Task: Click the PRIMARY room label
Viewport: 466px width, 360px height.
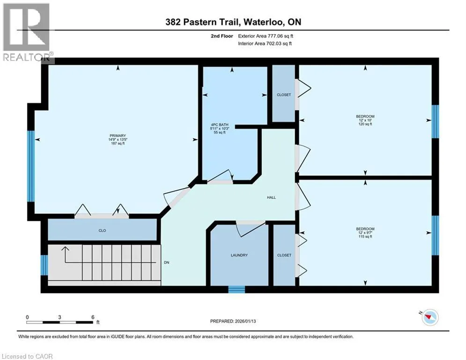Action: point(118,135)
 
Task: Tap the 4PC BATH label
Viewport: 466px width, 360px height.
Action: point(220,125)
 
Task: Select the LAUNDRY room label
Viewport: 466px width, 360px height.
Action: point(239,255)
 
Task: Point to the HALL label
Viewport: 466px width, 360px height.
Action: point(271,197)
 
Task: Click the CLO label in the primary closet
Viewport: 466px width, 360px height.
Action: point(102,231)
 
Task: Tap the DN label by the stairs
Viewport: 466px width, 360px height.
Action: point(166,262)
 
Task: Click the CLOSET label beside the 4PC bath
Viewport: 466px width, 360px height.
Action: point(284,95)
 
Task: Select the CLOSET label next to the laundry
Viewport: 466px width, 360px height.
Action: point(284,255)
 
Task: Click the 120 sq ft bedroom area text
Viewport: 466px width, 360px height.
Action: point(365,124)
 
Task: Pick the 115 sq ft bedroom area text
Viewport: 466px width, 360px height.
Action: point(365,237)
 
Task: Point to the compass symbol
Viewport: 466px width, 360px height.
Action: point(430,317)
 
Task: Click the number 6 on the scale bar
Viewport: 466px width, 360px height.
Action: point(93,317)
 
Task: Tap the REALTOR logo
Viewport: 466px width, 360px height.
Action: point(27,33)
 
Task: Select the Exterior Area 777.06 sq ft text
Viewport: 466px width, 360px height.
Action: point(266,36)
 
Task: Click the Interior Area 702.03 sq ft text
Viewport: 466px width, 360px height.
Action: point(265,44)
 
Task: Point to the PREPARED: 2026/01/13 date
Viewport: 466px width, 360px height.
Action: point(233,321)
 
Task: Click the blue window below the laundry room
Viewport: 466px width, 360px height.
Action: point(237,289)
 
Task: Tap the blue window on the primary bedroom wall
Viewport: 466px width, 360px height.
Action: point(31,166)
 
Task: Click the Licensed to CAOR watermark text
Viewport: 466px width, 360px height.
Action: point(27,356)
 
